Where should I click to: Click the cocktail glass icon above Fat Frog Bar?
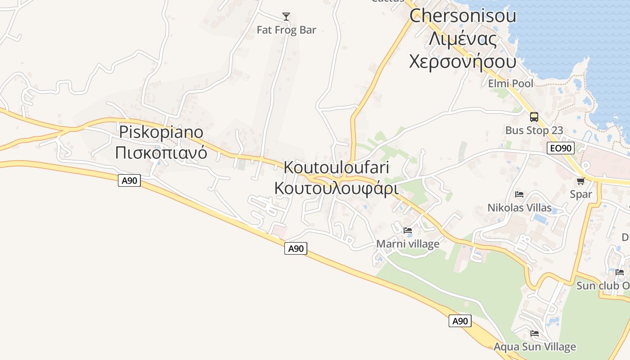click(286, 17)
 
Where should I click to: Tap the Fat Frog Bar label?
click(286, 30)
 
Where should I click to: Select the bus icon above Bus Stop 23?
click(534, 117)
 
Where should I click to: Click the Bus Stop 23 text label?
click(534, 130)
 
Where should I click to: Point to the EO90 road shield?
click(560, 148)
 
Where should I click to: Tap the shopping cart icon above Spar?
click(580, 181)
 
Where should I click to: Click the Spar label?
click(580, 194)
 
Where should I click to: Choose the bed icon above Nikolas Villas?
click(519, 194)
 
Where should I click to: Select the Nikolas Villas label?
click(519, 208)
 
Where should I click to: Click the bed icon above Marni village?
click(408, 230)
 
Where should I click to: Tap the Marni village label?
click(408, 244)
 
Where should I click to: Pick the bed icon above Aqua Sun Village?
click(535, 333)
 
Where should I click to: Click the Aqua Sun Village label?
click(535, 347)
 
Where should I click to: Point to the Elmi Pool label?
click(511, 83)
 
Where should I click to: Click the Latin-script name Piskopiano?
click(161, 132)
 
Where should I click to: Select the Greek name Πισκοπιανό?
click(161, 153)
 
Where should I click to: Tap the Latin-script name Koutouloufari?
click(337, 167)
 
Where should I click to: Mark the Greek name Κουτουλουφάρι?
click(337, 188)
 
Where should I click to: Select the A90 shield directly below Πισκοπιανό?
click(129, 181)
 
